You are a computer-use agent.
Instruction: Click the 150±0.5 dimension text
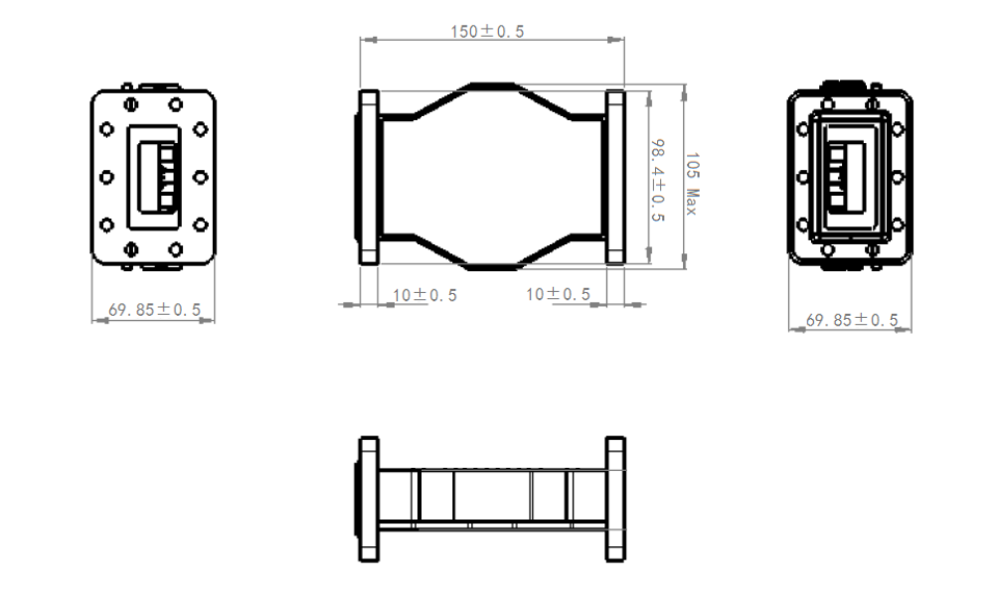click(x=487, y=31)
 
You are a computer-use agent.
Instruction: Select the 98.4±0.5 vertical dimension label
click(x=657, y=181)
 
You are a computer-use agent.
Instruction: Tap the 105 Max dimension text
click(x=692, y=184)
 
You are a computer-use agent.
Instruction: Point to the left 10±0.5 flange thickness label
click(x=424, y=295)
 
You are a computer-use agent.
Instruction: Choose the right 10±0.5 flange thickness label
click(x=558, y=294)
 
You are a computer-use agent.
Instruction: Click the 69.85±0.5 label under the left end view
click(x=154, y=310)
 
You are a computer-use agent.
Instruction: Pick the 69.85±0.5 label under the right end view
click(x=852, y=320)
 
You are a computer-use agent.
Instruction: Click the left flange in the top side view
click(x=369, y=177)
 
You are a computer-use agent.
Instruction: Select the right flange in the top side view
click(x=614, y=177)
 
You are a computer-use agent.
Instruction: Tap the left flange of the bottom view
click(x=369, y=500)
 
